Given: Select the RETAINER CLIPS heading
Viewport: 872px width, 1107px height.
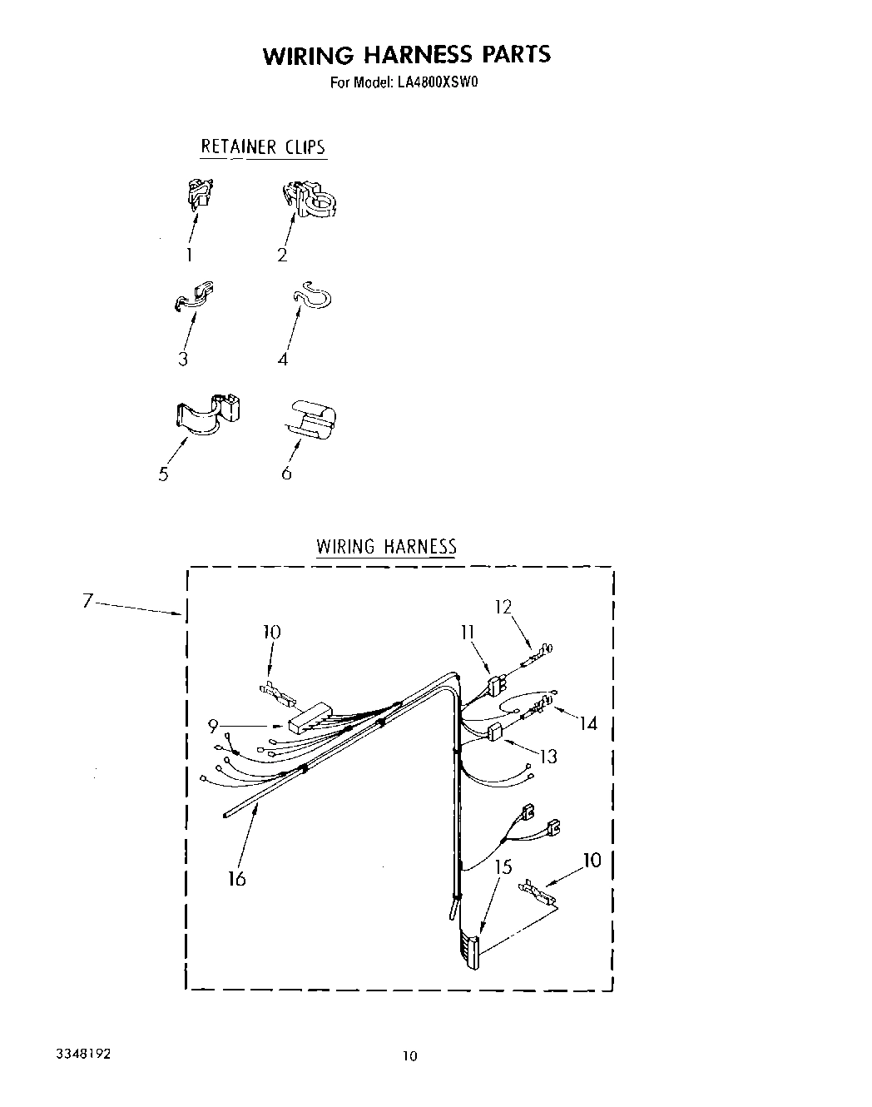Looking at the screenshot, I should coord(262,147).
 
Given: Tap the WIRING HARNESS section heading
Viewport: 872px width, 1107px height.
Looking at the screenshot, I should coord(386,547).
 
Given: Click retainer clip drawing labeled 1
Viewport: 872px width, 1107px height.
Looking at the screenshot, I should coord(198,193).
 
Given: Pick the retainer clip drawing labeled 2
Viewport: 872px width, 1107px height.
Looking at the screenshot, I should coord(310,199).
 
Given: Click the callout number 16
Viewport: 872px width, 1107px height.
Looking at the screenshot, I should coord(237,878).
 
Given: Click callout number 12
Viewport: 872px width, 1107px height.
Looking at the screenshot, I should coord(503,607).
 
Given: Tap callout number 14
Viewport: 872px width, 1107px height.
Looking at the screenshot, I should coord(588,724).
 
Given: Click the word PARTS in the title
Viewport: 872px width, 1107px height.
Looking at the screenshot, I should coord(516,55).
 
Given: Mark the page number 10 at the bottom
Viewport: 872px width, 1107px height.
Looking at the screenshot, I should coord(409,1056).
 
